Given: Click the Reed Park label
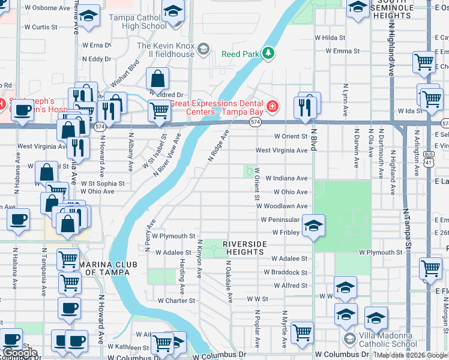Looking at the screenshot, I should pos(241,54).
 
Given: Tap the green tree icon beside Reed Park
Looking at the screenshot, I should pos(267,54).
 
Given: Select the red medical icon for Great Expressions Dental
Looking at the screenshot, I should pos(272,107).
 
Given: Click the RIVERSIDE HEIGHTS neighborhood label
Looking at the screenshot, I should pos(244,248).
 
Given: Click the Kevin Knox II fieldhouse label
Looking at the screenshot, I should pos(166,50).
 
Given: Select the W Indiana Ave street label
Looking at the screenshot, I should pos(291,178).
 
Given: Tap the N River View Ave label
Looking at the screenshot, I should pos(167,155).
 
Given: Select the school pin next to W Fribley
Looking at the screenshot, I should pos(313,226).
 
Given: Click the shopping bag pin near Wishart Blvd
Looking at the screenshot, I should pos(157,79).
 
